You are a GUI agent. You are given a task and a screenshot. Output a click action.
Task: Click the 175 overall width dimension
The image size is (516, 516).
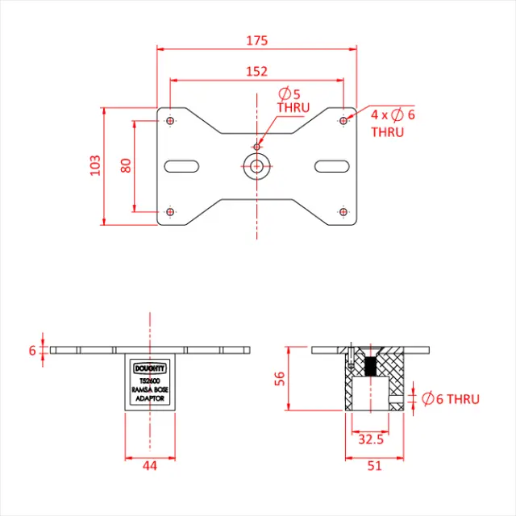pyautogui.click(x=256, y=40)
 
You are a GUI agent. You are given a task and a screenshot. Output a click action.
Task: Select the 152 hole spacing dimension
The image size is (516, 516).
pyautogui.click(x=256, y=72)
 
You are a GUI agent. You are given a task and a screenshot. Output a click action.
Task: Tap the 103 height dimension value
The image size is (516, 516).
pyautogui.click(x=95, y=166)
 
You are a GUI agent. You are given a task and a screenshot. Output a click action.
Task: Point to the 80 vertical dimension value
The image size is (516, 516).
pyautogui.click(x=125, y=166)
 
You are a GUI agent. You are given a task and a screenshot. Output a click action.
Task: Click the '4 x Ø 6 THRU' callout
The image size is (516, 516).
pyautogui.click(x=393, y=123)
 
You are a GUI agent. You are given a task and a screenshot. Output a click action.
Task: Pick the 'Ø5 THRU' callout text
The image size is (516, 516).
pyautogui.click(x=293, y=100)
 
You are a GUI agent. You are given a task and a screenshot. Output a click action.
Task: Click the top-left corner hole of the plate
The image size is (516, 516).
pyautogui.click(x=170, y=121)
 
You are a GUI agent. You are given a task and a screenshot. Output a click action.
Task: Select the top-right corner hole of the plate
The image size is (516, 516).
pyautogui.click(x=343, y=121)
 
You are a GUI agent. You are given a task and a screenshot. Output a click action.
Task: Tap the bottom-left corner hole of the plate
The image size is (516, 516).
pyautogui.click(x=170, y=211)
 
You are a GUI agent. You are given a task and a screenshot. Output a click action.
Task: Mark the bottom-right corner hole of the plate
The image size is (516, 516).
pyautogui.click(x=343, y=211)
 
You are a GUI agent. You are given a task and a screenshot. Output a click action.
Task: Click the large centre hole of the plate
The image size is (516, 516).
pyautogui.click(x=256, y=166)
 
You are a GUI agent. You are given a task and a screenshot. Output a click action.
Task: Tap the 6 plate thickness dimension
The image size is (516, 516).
pyautogui.click(x=33, y=350)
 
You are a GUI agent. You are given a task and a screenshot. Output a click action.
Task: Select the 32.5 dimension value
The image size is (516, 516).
pyautogui.click(x=370, y=439)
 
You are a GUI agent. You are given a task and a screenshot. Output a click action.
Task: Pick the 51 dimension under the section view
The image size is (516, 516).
pyautogui.click(x=375, y=465)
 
